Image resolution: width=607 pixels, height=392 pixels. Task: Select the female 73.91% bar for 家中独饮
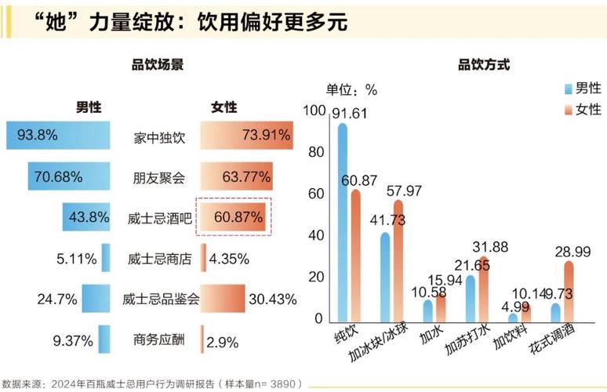click(246, 136)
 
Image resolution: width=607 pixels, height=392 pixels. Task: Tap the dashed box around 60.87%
click(233, 216)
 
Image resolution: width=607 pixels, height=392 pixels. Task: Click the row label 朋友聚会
click(159, 177)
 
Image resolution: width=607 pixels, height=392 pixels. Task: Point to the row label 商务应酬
click(159, 340)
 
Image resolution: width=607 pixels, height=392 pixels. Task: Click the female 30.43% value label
click(271, 299)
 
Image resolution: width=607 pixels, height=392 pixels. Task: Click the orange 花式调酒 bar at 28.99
click(568, 291)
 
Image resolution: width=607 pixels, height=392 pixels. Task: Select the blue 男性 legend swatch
click(568, 89)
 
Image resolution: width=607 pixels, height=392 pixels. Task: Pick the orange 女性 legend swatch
click(568, 109)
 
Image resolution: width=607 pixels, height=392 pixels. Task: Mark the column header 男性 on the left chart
click(88, 107)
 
